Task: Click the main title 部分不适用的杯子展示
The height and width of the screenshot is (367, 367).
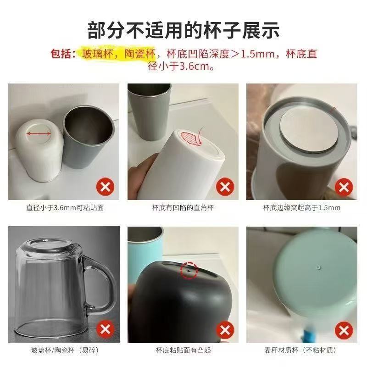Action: [183, 30]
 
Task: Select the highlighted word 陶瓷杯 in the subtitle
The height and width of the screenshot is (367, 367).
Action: [140, 54]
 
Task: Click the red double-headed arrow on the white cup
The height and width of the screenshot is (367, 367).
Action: [39, 134]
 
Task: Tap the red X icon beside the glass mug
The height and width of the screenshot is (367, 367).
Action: [105, 329]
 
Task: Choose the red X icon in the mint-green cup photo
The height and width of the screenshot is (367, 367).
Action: [344, 331]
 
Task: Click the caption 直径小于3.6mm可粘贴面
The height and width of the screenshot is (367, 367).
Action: [65, 208]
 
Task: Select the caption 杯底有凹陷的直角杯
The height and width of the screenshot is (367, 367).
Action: [183, 208]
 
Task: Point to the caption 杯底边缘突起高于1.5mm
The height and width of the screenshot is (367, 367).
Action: [302, 208]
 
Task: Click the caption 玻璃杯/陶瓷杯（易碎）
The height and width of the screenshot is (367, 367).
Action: [65, 350]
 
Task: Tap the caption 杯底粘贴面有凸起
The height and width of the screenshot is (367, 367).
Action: [183, 350]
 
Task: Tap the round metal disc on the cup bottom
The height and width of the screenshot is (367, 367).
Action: [309, 132]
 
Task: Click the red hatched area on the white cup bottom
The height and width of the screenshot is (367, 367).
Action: [191, 139]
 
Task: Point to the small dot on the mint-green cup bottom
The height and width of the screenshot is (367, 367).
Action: [318, 267]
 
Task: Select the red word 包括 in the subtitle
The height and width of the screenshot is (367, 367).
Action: [61, 54]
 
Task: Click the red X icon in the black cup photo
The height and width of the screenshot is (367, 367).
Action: [225, 330]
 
